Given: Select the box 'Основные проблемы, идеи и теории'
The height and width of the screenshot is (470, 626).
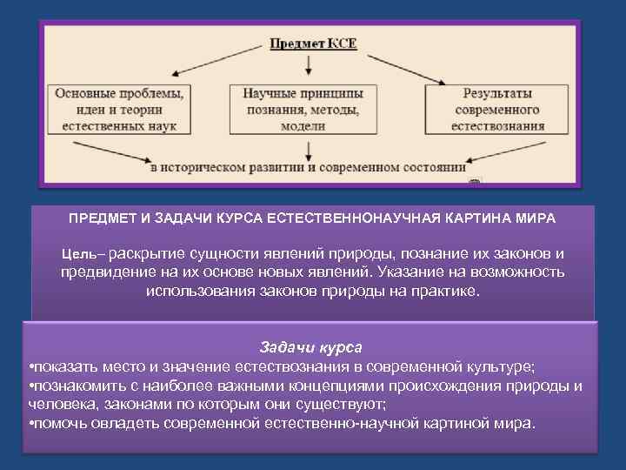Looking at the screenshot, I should point(119,109).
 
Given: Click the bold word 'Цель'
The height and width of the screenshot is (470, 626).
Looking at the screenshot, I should point(80,254).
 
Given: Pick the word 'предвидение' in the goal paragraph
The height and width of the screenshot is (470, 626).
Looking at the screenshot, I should point(102,272).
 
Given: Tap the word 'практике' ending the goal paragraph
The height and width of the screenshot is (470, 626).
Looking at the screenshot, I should point(450,291).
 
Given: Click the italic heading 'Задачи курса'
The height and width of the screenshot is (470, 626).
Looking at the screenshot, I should point(311,346).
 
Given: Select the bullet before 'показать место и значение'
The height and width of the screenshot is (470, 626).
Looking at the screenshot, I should point(31,366).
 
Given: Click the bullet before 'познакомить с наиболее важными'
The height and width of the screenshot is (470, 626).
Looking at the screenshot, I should point(31,386).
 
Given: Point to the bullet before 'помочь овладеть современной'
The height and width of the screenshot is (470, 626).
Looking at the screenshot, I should point(31,424).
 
